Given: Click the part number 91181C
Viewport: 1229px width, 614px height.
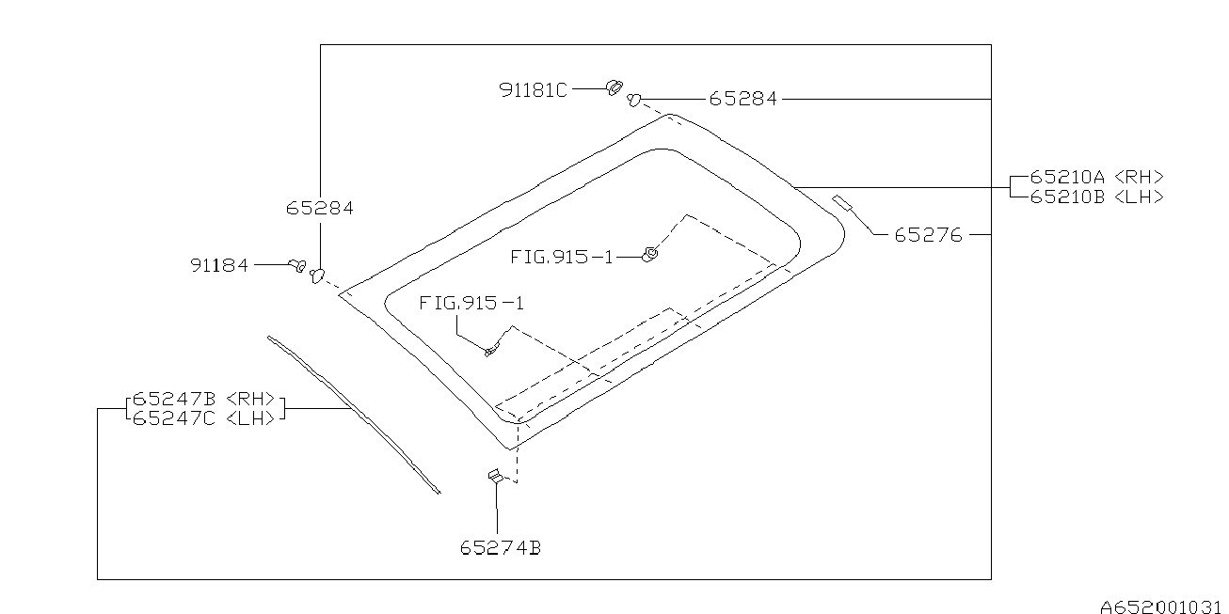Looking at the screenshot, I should pyautogui.click(x=533, y=90).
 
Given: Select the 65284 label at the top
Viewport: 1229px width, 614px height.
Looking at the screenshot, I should pyautogui.click(x=742, y=98).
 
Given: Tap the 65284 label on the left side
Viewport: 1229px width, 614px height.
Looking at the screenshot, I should pyautogui.click(x=320, y=209).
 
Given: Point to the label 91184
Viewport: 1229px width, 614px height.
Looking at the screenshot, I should pyautogui.click(x=219, y=266).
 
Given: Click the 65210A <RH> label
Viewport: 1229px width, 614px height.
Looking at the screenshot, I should pyautogui.click(x=1096, y=177).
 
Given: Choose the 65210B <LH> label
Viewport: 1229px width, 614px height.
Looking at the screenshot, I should pyautogui.click(x=1096, y=197).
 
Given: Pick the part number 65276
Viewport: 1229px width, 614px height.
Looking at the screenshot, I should pyautogui.click(x=928, y=235).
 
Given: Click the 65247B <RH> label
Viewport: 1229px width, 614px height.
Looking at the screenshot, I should pyautogui.click(x=203, y=399).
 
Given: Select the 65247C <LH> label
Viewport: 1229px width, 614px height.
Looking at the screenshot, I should pyautogui.click(x=203, y=417).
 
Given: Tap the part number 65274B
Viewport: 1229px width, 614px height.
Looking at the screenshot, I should pyautogui.click(x=501, y=548).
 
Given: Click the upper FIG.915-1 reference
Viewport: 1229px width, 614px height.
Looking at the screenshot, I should pyautogui.click(x=562, y=256).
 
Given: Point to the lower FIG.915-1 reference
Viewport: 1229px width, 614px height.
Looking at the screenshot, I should pyautogui.click(x=471, y=304).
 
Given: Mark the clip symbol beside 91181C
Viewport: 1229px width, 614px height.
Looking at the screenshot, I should pyautogui.click(x=614, y=87).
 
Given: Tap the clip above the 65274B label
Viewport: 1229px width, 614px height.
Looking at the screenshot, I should pyautogui.click(x=494, y=477).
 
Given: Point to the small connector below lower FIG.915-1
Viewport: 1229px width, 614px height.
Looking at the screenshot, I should pyautogui.click(x=491, y=352).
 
